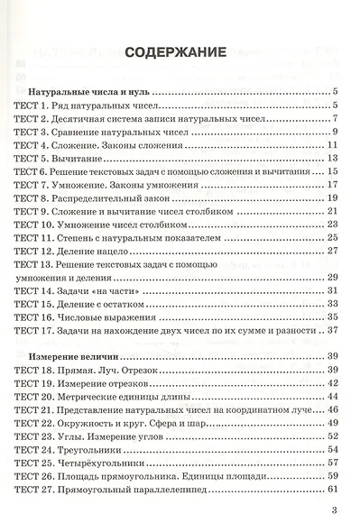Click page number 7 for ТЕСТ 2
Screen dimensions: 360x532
(x=334, y=118)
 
